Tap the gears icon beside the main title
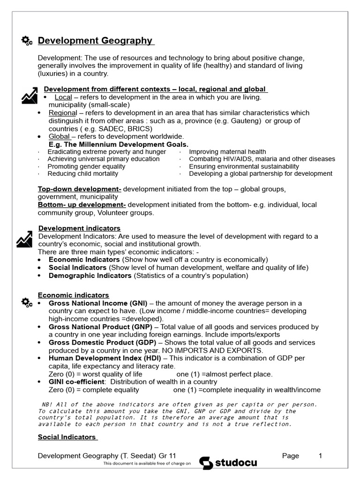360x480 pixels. (x=27, y=41)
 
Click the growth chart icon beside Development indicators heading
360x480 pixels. (x=24, y=239)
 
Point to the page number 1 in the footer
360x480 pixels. (x=321, y=455)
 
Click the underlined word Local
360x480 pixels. (x=63, y=97)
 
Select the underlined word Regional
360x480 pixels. (x=62, y=113)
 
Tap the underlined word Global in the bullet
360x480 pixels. (x=59, y=136)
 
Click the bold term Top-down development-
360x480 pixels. (x=80, y=189)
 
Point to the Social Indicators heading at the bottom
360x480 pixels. (x=67, y=437)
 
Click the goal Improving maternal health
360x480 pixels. (x=227, y=152)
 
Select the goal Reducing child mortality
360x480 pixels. (x=82, y=173)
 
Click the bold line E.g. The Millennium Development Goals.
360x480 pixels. (x=118, y=144)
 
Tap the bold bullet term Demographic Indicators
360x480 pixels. (x=90, y=276)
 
